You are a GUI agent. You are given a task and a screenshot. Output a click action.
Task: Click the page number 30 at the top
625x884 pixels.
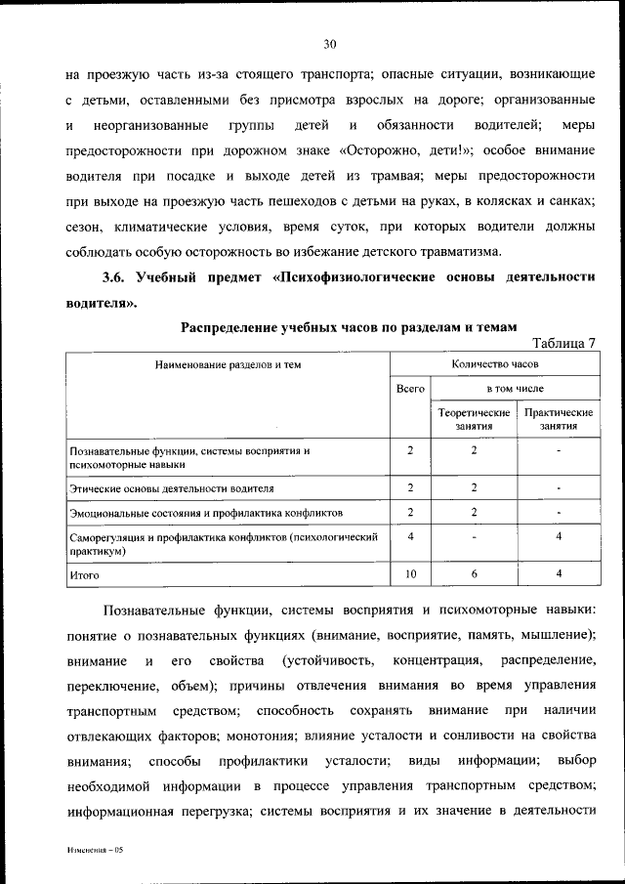(329, 43)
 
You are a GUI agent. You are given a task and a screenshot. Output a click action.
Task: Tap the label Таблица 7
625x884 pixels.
(562, 342)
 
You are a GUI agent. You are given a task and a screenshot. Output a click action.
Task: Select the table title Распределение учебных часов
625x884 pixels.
(335, 325)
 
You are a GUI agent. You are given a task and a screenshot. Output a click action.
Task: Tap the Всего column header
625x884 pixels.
(410, 389)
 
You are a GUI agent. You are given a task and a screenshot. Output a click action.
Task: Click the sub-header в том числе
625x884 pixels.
(515, 389)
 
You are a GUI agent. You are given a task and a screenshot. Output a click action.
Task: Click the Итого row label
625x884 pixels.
(85, 576)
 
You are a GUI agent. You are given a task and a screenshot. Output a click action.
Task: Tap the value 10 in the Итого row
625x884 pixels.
(410, 575)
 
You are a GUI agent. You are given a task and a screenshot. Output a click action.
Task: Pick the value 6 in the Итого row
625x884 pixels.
(473, 575)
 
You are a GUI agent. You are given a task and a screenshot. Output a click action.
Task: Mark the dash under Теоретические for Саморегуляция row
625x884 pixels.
(473, 536)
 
